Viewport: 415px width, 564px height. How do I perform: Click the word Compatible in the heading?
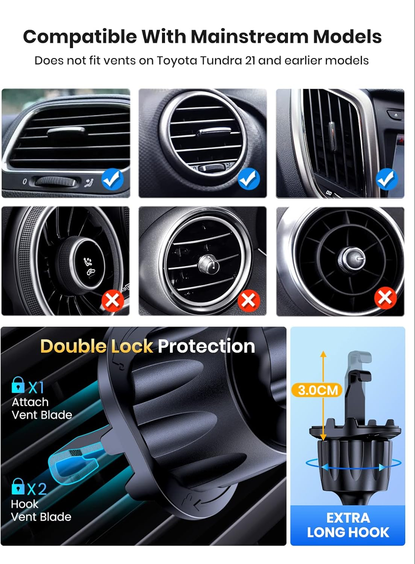click(x=80, y=37)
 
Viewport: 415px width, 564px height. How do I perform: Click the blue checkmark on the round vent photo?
click(x=248, y=179)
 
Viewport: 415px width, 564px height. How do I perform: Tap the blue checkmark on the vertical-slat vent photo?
click(x=387, y=179)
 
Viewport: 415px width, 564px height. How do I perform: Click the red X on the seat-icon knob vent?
click(x=113, y=300)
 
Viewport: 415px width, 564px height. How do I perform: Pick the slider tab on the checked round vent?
click(x=214, y=132)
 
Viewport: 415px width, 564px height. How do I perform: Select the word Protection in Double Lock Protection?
click(x=206, y=346)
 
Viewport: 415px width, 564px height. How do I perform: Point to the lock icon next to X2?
click(x=18, y=487)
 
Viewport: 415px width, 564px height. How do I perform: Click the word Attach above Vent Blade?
click(x=30, y=402)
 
